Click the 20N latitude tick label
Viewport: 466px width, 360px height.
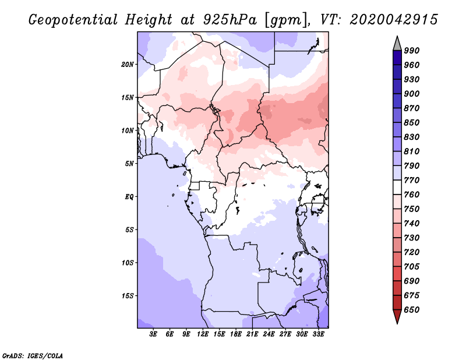point(128,65)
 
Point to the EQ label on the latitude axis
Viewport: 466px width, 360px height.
point(129,197)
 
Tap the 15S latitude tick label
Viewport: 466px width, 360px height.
point(128,296)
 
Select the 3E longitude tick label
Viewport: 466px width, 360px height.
point(153,334)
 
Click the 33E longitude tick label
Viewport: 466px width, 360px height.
point(318,334)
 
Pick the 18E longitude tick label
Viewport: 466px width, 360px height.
point(236,334)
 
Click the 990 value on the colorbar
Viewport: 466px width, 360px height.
point(412,51)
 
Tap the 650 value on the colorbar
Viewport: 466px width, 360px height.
point(412,310)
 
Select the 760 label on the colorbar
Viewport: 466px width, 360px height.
point(412,195)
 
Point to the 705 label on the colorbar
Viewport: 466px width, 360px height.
point(412,267)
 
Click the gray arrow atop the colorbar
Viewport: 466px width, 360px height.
point(397,44)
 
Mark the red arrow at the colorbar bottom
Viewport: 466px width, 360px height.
point(397,316)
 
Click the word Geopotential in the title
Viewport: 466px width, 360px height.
point(73,20)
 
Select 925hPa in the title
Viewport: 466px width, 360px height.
point(230,20)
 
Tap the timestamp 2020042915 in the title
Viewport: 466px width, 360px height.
point(394,20)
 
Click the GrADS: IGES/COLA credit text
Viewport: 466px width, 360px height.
point(33,356)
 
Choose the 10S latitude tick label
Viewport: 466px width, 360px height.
point(128,263)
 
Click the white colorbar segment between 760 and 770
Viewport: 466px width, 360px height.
point(397,188)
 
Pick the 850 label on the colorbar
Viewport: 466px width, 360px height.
point(412,122)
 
